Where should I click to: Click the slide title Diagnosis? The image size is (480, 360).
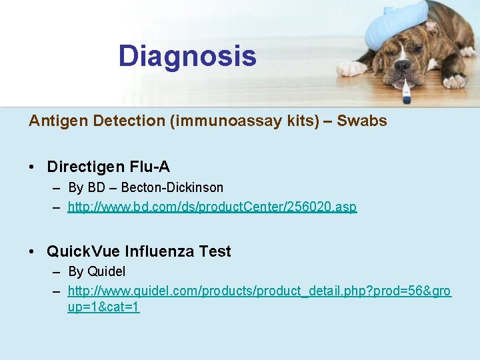[187, 56]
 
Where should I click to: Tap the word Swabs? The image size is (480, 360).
[362, 121]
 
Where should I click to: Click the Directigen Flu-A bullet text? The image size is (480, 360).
[108, 166]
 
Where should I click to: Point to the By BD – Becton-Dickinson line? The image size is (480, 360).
[145, 187]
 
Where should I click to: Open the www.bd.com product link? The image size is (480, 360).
[212, 207]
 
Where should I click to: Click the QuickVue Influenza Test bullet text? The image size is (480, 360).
[139, 251]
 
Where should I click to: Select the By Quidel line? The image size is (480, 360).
[97, 271]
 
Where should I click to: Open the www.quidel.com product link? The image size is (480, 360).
[259, 292]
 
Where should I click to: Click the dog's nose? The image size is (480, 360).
[403, 67]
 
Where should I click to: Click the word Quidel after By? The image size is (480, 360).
[106, 271]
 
